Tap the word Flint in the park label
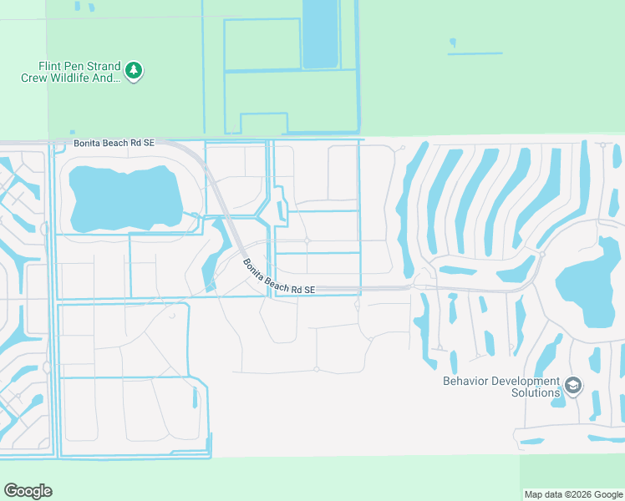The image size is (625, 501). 52,66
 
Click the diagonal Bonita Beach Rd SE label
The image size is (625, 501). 278,276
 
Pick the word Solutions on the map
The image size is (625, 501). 536,392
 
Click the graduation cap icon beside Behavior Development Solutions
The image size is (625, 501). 573,385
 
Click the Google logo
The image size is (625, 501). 28,491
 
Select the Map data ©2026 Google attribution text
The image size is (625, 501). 572,494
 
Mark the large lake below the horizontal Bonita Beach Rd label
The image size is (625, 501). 125,199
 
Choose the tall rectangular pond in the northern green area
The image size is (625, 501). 319,33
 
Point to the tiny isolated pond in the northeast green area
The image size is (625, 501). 453,43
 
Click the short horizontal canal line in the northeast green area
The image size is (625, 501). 475,54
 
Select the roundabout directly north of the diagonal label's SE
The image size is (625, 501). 307,241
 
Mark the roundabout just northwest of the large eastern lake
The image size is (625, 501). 542,253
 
